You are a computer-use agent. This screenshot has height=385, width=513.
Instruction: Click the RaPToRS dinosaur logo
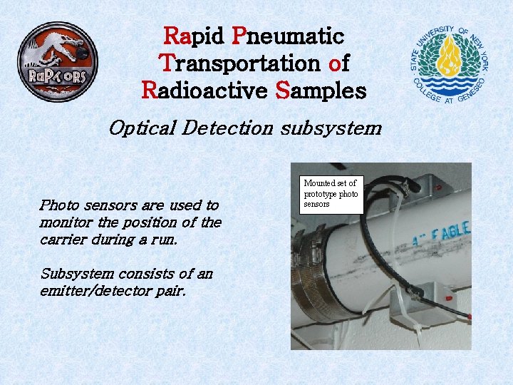tap(58, 61)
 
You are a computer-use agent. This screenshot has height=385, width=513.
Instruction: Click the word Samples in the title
tap(321, 91)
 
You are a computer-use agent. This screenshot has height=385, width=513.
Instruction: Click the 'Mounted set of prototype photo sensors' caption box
tap(331, 194)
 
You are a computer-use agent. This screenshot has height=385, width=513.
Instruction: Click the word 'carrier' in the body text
tap(65, 240)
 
